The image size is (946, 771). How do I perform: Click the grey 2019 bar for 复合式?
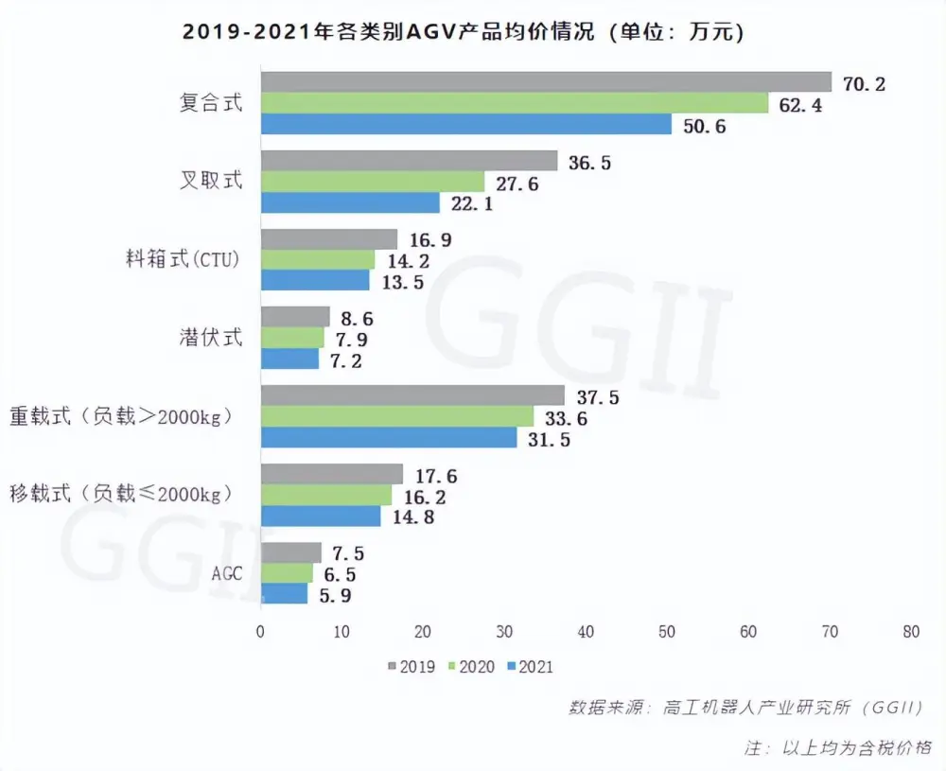coord(546,82)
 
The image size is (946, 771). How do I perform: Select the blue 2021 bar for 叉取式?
coord(350,202)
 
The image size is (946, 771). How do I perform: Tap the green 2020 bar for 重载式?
coord(396,416)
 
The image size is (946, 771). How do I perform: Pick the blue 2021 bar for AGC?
coord(284,593)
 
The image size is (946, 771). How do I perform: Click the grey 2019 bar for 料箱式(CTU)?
coord(328,239)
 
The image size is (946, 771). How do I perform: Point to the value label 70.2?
coord(864,84)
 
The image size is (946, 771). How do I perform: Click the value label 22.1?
coord(472,203)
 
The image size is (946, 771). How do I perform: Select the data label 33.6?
coord(565,417)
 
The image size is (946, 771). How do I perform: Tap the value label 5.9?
coord(340,595)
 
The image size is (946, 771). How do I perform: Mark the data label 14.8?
coord(412,517)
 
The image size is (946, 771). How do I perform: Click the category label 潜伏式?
coord(211,337)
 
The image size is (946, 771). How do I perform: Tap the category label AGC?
coord(227,573)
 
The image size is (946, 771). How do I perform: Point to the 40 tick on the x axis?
coord(586,632)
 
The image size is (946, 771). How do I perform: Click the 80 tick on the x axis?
coord(911,632)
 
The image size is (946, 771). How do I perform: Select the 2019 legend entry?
coord(411,666)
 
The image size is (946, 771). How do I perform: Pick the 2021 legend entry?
coord(530,666)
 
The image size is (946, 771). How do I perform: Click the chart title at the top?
coord(463,32)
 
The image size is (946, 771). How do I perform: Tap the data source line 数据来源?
coord(745,708)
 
